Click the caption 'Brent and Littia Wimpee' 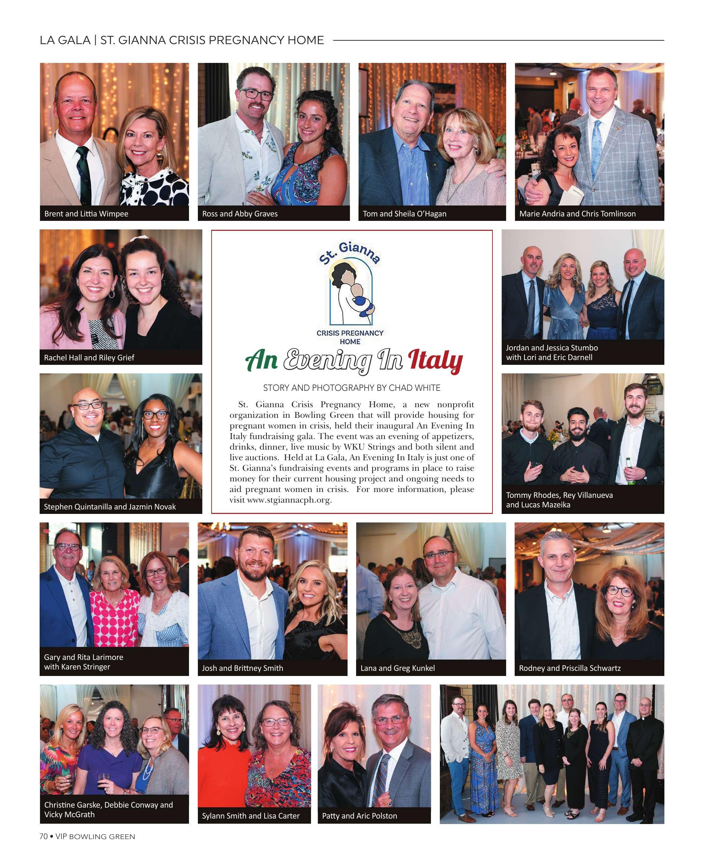86,214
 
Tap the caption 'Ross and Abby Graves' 240,214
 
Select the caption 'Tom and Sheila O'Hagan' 404,214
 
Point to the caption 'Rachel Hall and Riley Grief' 89,357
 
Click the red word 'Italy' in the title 435,360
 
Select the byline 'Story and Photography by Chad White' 352,388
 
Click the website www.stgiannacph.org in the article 289,500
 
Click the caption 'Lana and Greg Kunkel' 397,668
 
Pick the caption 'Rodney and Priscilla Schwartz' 569,668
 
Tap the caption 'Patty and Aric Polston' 359,816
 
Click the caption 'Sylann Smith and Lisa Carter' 251,816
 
